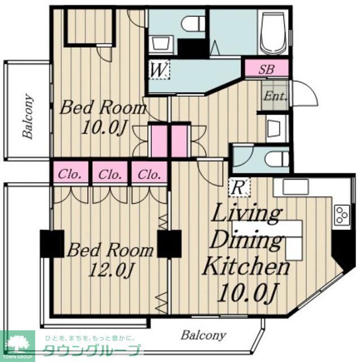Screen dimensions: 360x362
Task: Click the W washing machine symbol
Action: coord(159,70)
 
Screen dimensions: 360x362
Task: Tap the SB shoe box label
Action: coord(267,69)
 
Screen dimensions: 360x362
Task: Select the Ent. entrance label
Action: coord(276,96)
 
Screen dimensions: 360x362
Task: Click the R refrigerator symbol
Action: coord(239,187)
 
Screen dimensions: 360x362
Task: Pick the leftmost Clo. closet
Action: coord(70,174)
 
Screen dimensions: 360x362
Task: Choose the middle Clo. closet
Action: coord(110,174)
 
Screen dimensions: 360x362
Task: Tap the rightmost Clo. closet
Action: coord(149,174)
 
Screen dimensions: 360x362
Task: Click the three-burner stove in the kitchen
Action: coord(341,215)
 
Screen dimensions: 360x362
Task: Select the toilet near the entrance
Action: coord(276,159)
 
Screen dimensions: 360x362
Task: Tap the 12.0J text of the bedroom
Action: coord(111,269)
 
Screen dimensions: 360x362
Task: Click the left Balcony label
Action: coord(28,116)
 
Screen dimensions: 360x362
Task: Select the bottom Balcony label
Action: coord(203,335)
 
